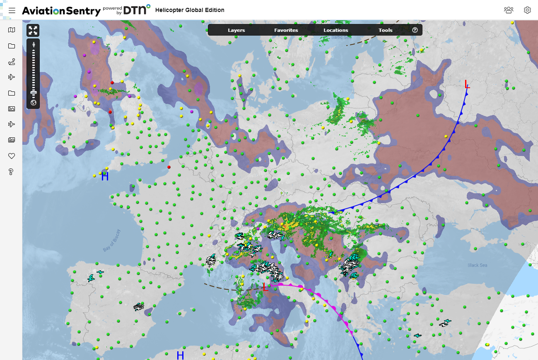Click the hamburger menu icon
coord(12,10)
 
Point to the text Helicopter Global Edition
coord(190,10)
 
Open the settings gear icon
coord(527,10)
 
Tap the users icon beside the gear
coord(509,10)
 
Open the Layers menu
coord(236,30)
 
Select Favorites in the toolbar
coord(286,30)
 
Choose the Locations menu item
coord(335,30)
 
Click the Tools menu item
coord(385,30)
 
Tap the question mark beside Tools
coord(415,30)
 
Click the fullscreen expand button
coord(33,30)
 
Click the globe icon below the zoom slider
coord(33,103)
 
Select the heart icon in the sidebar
coord(12,156)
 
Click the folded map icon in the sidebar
coord(12,30)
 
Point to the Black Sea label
coord(477,265)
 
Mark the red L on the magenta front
coord(265,287)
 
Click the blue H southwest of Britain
coord(105,177)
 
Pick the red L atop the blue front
coord(467,84)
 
